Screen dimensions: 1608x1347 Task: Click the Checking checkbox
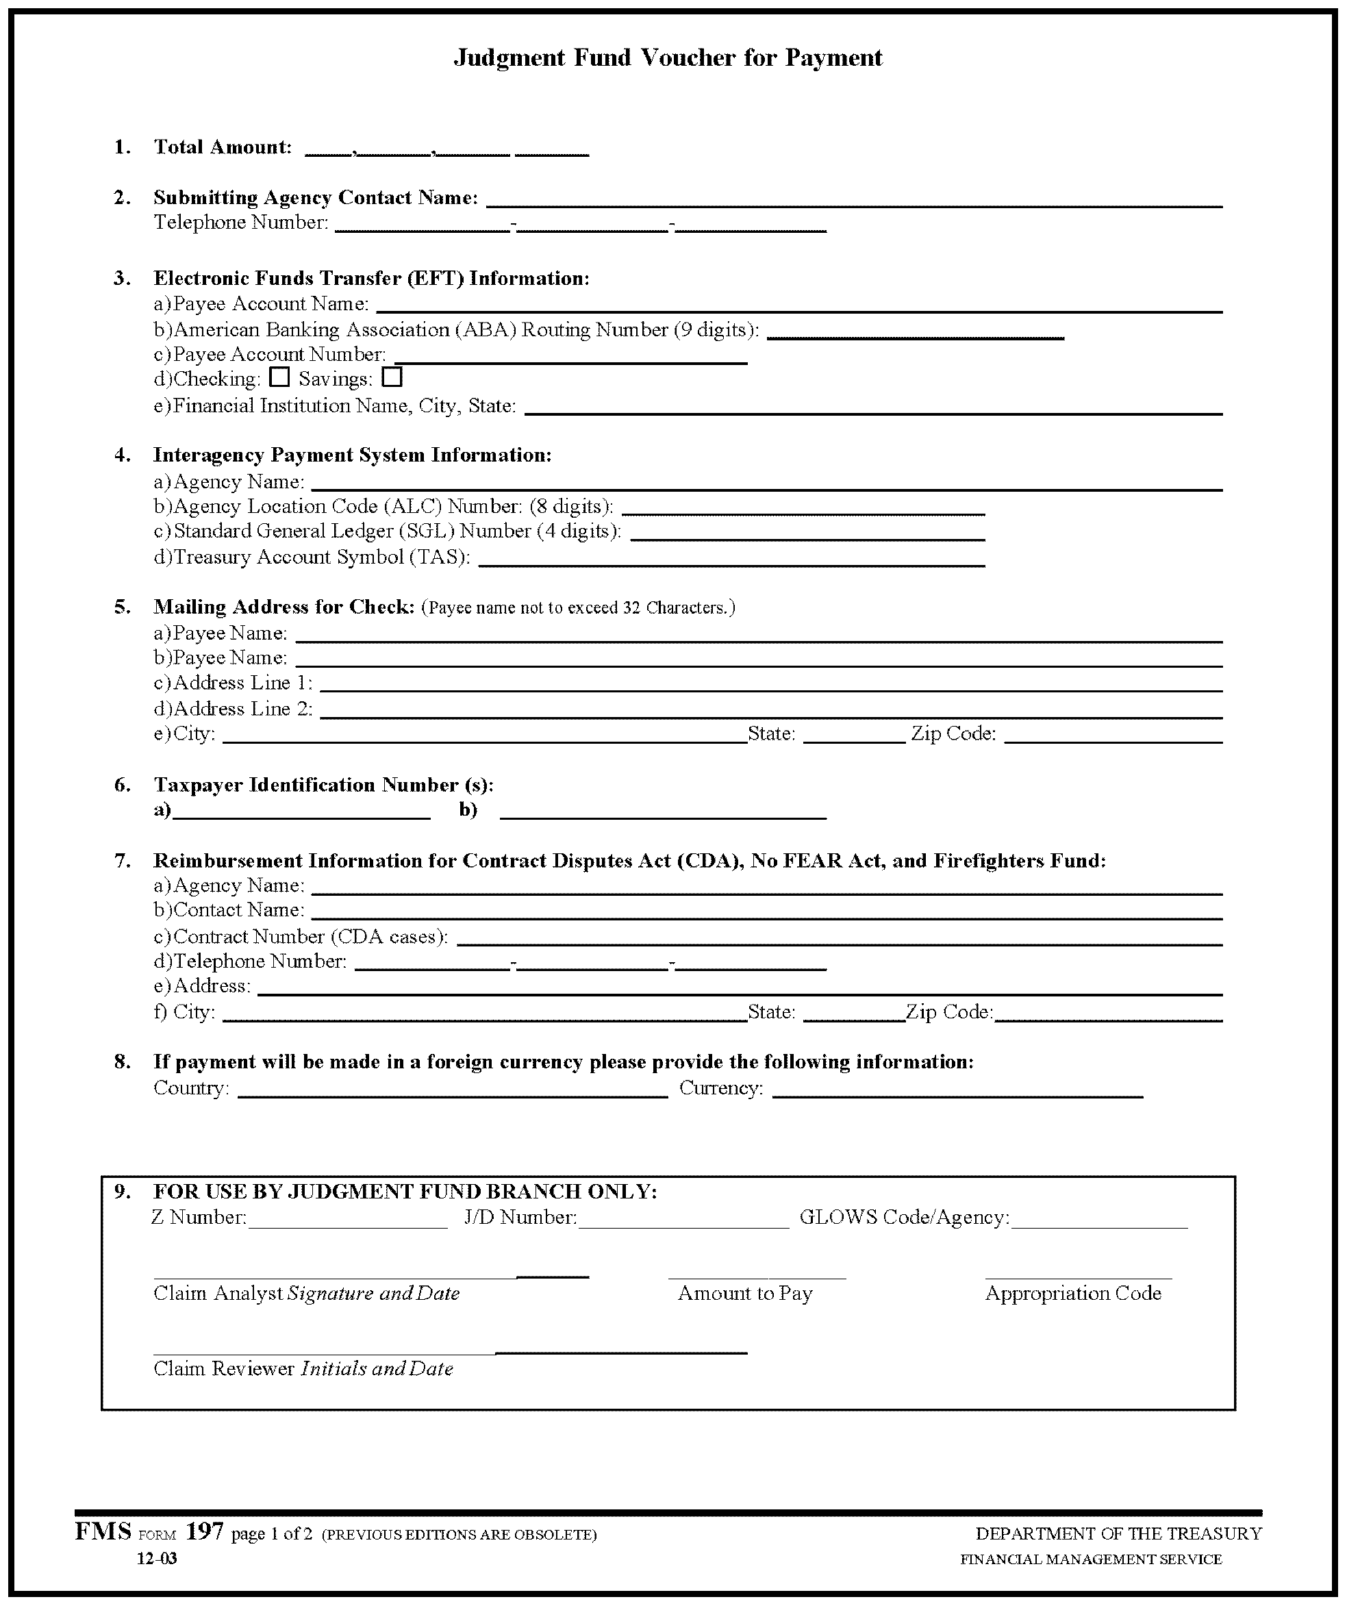point(280,377)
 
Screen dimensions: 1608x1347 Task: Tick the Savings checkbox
point(392,377)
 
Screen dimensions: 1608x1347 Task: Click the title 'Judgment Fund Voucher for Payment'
point(668,58)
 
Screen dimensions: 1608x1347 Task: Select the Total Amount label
point(222,147)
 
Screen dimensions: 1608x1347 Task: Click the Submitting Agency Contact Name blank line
point(854,201)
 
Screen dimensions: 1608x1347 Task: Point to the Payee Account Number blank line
point(570,357)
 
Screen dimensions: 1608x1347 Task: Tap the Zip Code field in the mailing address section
point(1113,737)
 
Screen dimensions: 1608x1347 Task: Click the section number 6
point(123,785)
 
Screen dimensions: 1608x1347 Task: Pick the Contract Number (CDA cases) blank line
point(840,940)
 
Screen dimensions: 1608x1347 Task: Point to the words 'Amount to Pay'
point(744,1293)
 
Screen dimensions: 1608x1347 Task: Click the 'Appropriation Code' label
point(1073,1293)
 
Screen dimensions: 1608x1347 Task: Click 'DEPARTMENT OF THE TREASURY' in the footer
point(1118,1534)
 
